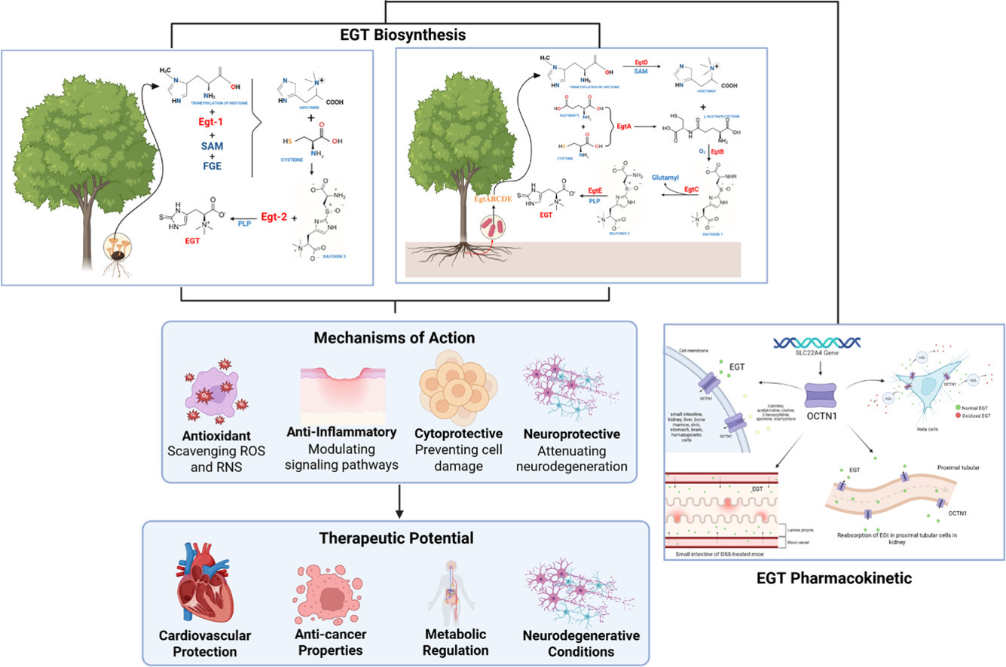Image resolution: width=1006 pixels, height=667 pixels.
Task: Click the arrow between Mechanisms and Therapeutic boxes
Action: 399,501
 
